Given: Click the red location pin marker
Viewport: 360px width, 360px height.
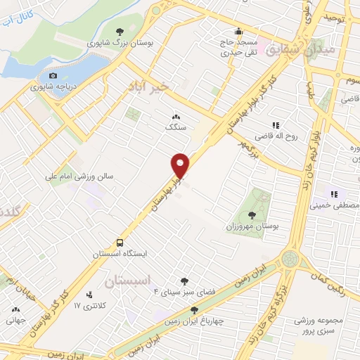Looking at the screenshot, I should click(x=181, y=165).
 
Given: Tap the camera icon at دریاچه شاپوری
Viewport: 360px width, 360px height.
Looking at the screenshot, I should click(x=53, y=76).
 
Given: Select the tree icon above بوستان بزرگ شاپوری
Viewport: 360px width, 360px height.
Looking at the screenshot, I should click(x=120, y=31).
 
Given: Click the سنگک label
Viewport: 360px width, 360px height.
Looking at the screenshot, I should click(x=175, y=127).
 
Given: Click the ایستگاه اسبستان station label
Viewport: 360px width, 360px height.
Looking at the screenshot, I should click(x=120, y=255).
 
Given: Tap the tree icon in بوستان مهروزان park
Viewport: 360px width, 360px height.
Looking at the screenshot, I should click(x=252, y=215).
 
